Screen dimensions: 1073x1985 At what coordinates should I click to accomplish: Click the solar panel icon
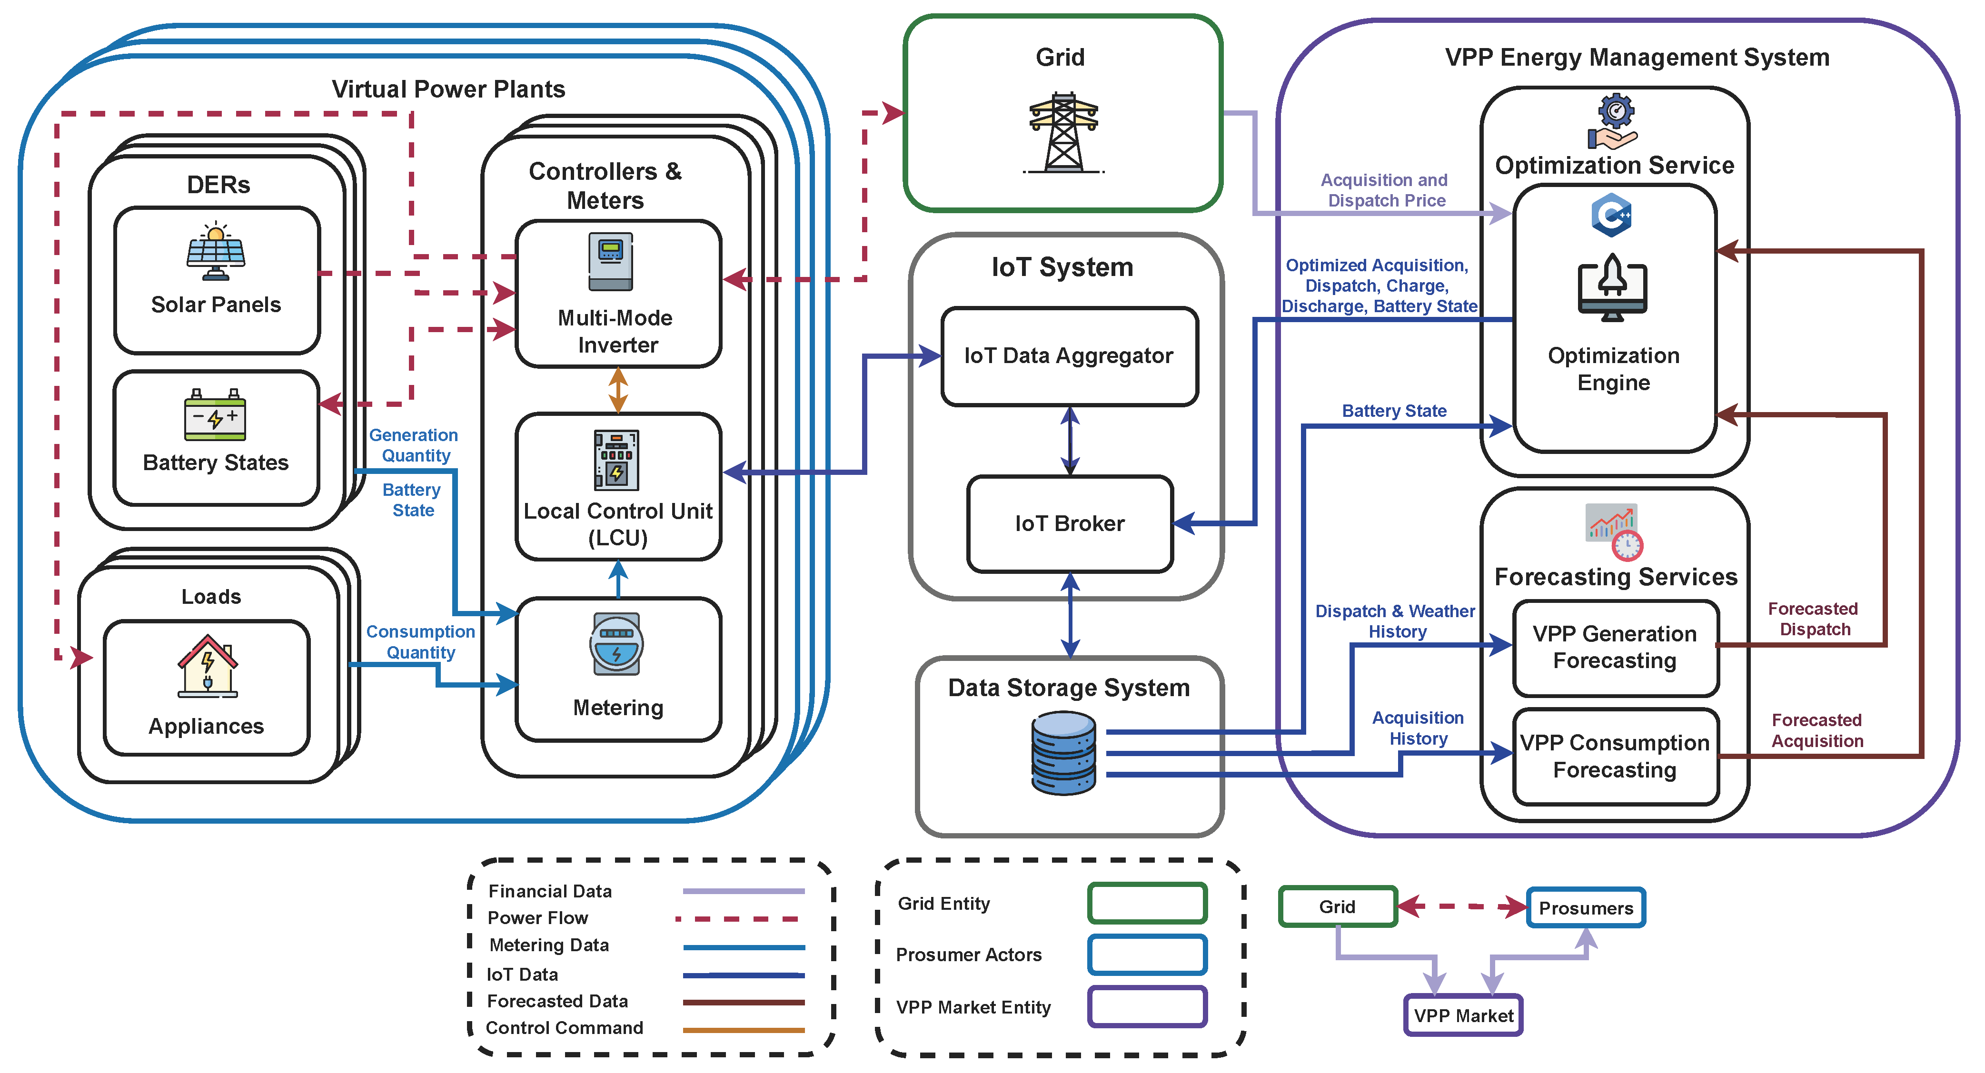[x=216, y=251]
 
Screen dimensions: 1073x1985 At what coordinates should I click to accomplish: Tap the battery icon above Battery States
[x=215, y=415]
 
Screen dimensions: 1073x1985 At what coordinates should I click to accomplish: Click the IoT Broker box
[x=1070, y=524]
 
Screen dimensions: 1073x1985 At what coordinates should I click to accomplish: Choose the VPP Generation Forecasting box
[x=1615, y=647]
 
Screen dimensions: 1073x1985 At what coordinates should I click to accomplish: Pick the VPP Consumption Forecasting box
[x=1615, y=757]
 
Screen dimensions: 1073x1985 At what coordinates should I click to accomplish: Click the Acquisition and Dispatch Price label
[x=1385, y=190]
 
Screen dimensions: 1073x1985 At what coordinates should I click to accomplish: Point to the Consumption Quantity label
[x=421, y=641]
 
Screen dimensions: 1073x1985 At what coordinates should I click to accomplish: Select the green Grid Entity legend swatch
[x=1147, y=904]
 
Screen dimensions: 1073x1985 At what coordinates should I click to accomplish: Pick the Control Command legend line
[x=743, y=1029]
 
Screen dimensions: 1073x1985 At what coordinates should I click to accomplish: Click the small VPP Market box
[x=1462, y=1016]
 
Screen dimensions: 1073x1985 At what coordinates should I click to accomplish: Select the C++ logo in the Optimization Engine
[x=1611, y=215]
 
